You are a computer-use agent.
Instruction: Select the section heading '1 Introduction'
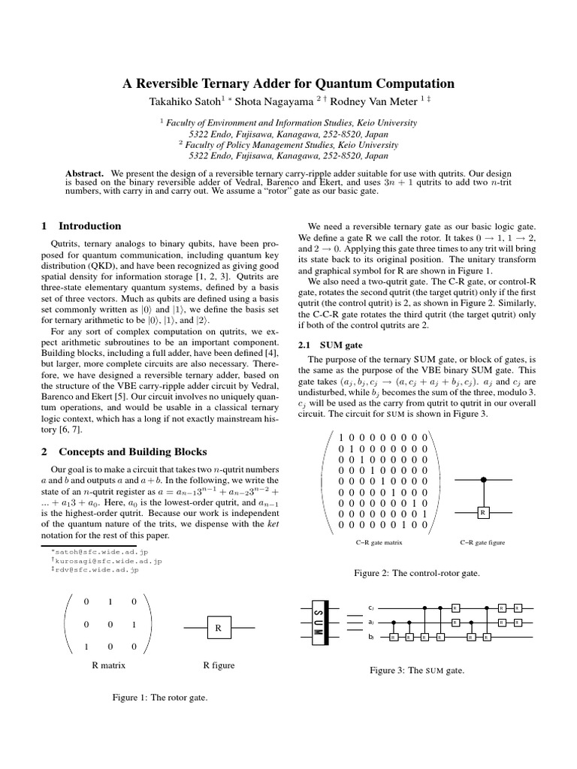point(80,225)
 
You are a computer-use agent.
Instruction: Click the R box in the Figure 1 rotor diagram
point(217,628)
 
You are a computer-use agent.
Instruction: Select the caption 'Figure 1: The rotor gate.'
point(159,697)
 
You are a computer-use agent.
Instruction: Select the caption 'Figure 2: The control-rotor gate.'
point(417,573)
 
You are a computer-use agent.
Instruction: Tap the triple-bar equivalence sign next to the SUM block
point(354,623)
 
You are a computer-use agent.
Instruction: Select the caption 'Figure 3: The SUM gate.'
point(418,670)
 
